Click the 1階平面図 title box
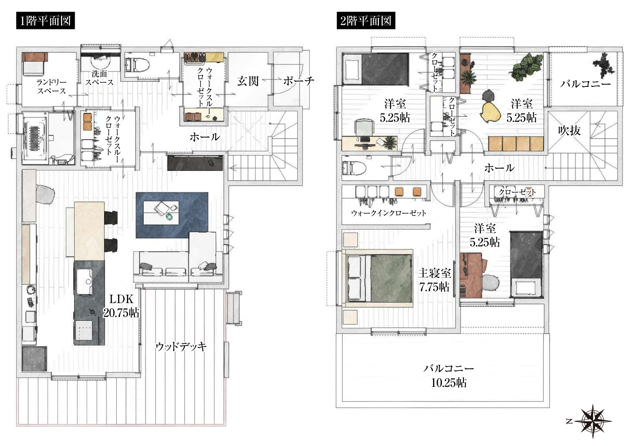(45, 21)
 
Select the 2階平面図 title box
(365, 21)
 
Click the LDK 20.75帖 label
(121, 306)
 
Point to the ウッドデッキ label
(181, 347)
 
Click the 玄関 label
(247, 81)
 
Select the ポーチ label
(299, 81)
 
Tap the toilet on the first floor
(137, 64)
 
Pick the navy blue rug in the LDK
(172, 215)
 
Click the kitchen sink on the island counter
(84, 282)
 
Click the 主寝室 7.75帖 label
(434, 280)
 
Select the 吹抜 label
(569, 131)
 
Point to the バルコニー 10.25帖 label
(448, 375)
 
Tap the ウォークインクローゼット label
(388, 213)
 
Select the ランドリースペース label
(51, 86)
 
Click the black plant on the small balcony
(604, 65)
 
